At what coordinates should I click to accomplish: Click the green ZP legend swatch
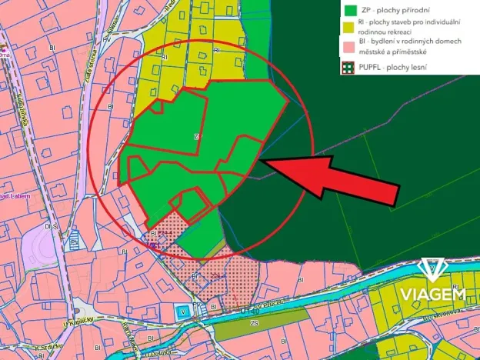pyautogui.click(x=351, y=10)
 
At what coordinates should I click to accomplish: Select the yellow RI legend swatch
pyautogui.click(x=351, y=26)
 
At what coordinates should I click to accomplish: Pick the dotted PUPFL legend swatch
pyautogui.click(x=351, y=68)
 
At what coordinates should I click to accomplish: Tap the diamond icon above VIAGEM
pyautogui.click(x=432, y=271)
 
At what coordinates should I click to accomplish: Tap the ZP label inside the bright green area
pyautogui.click(x=198, y=137)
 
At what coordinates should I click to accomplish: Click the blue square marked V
pyautogui.click(x=182, y=311)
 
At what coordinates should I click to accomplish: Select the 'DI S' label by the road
pyautogui.click(x=51, y=227)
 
